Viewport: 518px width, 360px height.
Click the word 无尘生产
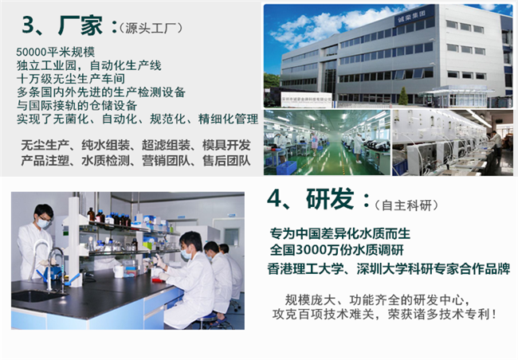pyautogui.click(x=45, y=145)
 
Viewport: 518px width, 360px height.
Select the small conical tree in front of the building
pyautogui.click(x=403, y=96)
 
